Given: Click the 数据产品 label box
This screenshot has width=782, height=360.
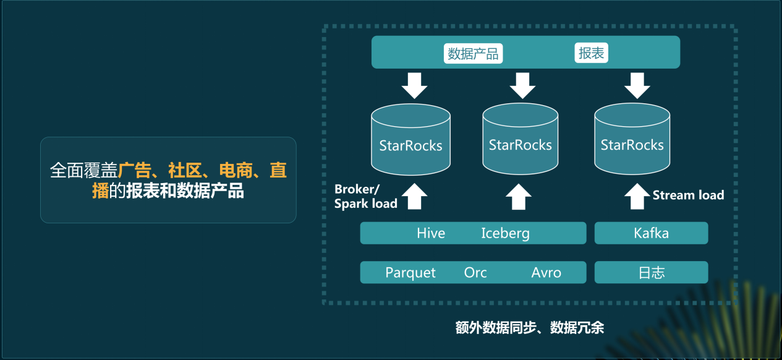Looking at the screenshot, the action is (x=473, y=54).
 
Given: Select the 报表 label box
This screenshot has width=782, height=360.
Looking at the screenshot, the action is (x=591, y=53).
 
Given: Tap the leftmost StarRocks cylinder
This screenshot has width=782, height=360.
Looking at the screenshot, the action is (x=410, y=141).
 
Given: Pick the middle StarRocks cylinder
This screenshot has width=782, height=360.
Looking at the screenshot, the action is (x=520, y=140).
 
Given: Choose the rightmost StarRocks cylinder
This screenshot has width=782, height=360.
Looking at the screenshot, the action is (x=632, y=140).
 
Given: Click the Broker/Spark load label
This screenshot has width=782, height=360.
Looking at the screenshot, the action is (x=365, y=196).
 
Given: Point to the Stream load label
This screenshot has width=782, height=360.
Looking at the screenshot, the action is (x=688, y=195).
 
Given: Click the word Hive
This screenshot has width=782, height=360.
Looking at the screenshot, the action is (x=431, y=233).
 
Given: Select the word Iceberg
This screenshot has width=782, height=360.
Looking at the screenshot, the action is (x=505, y=233).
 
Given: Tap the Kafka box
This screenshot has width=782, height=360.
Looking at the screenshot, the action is (x=651, y=233).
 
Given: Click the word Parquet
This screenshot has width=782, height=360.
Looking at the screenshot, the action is (x=410, y=273).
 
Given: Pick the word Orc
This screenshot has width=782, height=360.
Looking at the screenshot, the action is (x=475, y=273).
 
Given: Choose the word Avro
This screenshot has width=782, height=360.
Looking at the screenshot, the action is (x=546, y=273).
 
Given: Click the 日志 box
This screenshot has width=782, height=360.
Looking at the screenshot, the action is (x=651, y=273).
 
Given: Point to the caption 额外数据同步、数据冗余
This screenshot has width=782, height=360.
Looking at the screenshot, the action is (x=529, y=328).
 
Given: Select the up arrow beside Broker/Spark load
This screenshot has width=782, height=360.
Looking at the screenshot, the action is (x=414, y=197).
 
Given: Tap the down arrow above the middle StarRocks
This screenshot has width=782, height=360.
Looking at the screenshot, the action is (x=522, y=85).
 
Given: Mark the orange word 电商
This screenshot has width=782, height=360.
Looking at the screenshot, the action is (x=236, y=170).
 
